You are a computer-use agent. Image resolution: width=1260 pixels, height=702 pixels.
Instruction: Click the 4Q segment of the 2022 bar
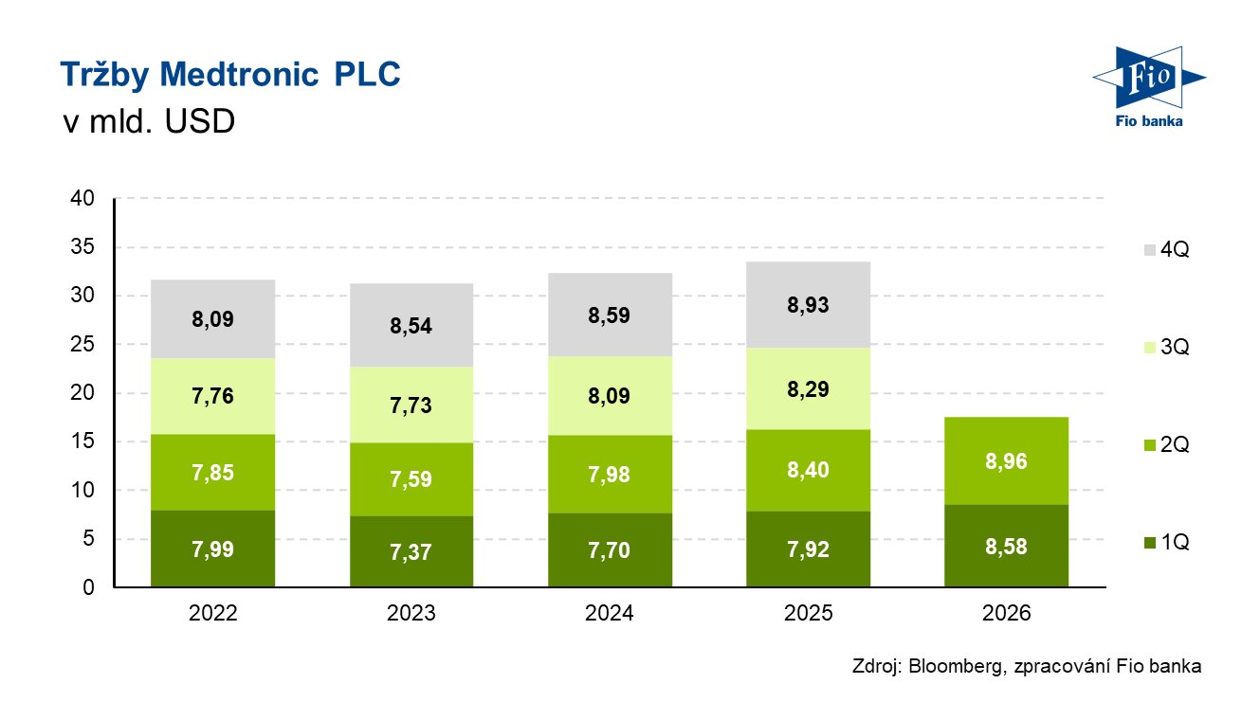pos(212,318)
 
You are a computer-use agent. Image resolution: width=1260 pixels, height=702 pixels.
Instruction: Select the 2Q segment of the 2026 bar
pos(1007,461)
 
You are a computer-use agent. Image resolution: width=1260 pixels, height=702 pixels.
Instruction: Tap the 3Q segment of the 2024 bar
pos(610,395)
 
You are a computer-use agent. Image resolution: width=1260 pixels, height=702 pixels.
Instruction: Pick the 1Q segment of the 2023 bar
pos(411,551)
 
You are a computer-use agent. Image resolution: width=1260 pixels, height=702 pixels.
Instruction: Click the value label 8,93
pos(808,305)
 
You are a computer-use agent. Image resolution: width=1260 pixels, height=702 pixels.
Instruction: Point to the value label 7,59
pos(411,479)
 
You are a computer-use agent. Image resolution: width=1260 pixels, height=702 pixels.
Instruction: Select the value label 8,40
pos(808,469)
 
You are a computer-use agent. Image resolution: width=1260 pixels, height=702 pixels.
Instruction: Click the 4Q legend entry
pos(1166,251)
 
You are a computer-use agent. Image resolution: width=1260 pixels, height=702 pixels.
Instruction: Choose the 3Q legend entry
pos(1166,348)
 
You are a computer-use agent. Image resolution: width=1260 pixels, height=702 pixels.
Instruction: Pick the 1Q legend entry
pos(1166,543)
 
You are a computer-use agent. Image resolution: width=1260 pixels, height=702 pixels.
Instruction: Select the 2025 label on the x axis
pos(808,614)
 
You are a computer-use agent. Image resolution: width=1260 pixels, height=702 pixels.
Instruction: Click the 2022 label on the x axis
pos(212,614)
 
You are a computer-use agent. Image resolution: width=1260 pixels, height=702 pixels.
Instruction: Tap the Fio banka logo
pos(1147,86)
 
